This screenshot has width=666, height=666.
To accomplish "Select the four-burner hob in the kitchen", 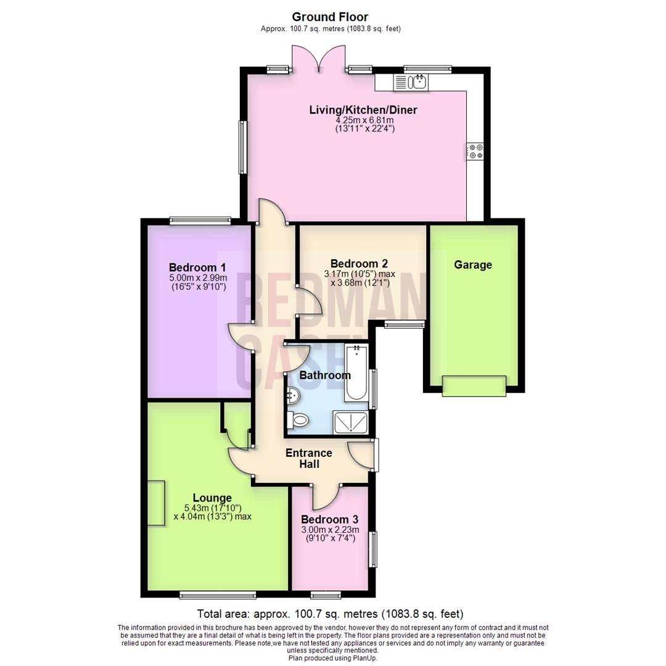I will pos(475,151).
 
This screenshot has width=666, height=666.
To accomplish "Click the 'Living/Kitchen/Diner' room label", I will pos(363,110).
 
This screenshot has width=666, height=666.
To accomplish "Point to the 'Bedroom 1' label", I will pos(197,268).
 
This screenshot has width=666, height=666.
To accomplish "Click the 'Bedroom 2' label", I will pos(358,262).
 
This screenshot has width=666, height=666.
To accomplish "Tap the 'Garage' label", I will pos(473,265).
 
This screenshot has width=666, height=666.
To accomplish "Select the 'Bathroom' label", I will pos(324,375).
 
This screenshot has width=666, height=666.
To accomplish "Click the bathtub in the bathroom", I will pos(356,373).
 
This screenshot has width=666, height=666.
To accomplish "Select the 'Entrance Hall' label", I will pos(308,458).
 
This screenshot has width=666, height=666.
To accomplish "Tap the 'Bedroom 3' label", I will pos(330,520).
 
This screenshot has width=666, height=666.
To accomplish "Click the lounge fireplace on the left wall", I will pos(155,503).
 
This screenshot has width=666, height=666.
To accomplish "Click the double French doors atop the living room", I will pos(318,60).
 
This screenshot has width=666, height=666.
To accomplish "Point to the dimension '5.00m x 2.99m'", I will pos(197,278).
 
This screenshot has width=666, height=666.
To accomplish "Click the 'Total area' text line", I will pos(330,614).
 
